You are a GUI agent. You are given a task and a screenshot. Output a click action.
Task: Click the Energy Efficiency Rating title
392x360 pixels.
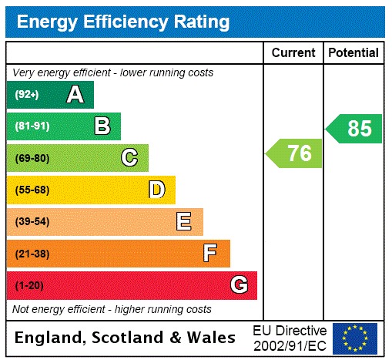coord(123,22)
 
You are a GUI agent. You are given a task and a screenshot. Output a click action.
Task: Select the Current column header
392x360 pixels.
coord(293,53)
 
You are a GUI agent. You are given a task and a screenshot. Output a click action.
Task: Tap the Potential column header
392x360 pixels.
coord(353,53)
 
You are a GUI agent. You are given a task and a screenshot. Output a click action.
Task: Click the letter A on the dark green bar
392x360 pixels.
coord(75,95)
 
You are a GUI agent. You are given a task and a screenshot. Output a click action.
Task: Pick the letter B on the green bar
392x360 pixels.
coord(102,126)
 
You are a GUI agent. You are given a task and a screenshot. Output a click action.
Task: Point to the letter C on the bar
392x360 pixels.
coord(129,158)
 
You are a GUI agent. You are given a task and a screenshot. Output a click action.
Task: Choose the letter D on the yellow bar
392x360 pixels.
coord(156,190)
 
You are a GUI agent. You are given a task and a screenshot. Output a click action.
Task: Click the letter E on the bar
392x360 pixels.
coord(184,222)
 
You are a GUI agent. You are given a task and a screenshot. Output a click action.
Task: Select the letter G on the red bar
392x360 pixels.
coord(239,285)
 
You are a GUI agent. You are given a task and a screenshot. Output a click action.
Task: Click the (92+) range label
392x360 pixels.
coord(27,95)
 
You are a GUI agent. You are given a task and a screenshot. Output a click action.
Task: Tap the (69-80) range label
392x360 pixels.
coord(32,159)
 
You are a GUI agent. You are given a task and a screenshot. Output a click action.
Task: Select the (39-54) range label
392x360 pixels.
coord(32,222)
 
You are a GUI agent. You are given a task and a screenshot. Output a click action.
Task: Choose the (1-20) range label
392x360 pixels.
coord(28,286)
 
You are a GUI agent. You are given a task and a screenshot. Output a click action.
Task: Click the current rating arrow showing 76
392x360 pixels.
coord(295,153)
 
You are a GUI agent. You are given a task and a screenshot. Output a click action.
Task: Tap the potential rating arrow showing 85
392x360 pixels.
coord(354,129)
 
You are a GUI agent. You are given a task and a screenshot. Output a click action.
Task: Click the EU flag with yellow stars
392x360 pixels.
coord(355,338)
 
